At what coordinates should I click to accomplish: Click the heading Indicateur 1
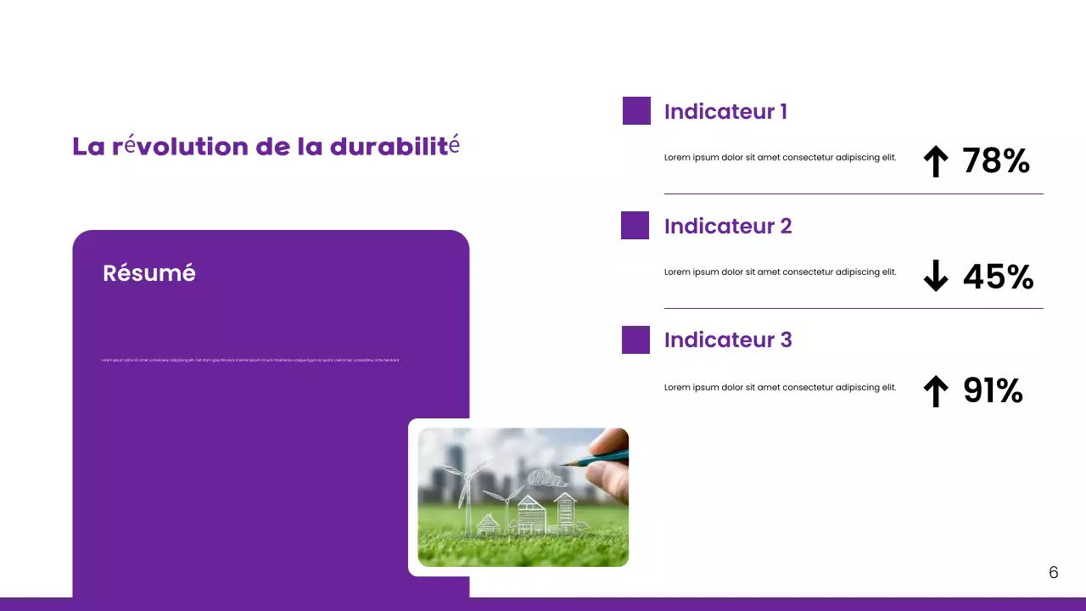pyautogui.click(x=725, y=112)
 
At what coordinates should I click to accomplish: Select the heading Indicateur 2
pyautogui.click(x=728, y=227)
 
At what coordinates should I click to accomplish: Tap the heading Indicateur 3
pyautogui.click(x=728, y=340)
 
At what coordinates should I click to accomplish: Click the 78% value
pyautogui.click(x=996, y=160)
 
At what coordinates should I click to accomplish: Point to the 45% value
pyautogui.click(x=998, y=277)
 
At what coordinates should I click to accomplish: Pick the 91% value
pyautogui.click(x=993, y=390)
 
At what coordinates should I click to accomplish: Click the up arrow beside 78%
pyautogui.click(x=935, y=161)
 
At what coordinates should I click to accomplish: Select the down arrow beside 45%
pyautogui.click(x=935, y=276)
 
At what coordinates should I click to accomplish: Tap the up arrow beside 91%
pyautogui.click(x=935, y=391)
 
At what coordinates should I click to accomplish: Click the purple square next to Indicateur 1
pyautogui.click(x=636, y=111)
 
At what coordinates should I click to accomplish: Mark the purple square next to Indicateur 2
pyautogui.click(x=635, y=226)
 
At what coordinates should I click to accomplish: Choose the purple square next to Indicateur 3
pyautogui.click(x=635, y=339)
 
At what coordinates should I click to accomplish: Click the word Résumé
pyautogui.click(x=149, y=273)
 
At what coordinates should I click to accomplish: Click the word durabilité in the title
pyautogui.click(x=395, y=146)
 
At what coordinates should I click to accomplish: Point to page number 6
pyautogui.click(x=1054, y=573)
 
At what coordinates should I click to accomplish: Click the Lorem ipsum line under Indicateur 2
pyautogui.click(x=780, y=272)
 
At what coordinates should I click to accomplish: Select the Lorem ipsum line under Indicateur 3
pyautogui.click(x=780, y=388)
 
